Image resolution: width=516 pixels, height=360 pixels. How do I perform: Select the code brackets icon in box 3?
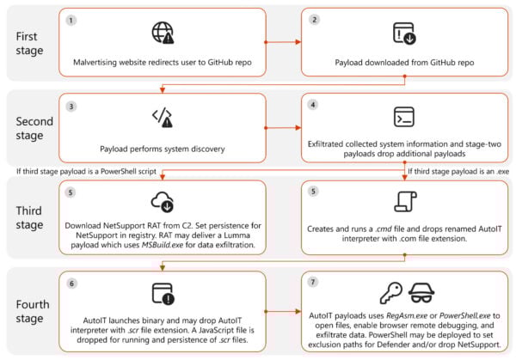pyautogui.click(x=162, y=117)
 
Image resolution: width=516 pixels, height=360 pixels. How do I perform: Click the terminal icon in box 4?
pyautogui.click(x=404, y=117)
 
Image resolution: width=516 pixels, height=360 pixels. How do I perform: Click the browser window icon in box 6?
pyautogui.click(x=163, y=291)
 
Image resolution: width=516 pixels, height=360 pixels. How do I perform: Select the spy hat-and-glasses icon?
pyautogui.click(x=423, y=291)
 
